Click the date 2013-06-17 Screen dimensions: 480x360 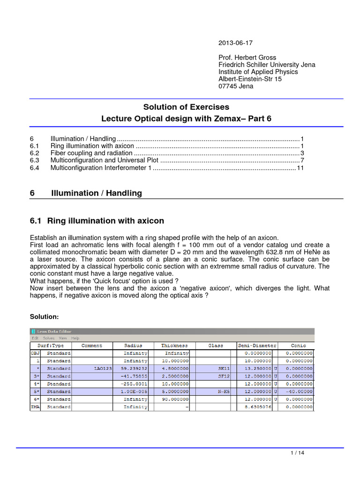[235, 43]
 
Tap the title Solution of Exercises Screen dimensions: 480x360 [187, 108]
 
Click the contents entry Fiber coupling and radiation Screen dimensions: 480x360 [91, 153]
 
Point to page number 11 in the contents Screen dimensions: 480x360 [300, 168]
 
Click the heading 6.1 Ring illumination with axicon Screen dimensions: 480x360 [97, 221]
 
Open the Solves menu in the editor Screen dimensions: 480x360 [48, 338]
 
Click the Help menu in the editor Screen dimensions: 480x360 [75, 338]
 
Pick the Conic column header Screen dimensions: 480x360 [298, 345]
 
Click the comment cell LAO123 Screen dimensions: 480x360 [103, 368]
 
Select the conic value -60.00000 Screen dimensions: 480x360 [299, 391]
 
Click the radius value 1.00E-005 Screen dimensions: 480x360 [135, 391]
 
